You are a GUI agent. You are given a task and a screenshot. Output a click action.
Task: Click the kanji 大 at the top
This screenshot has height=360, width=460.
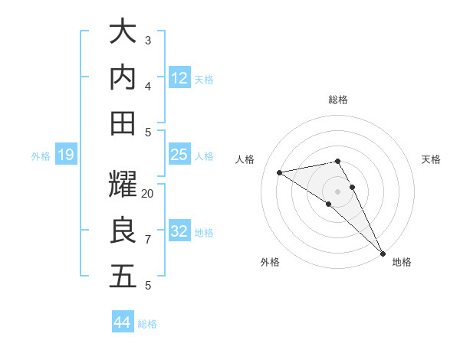pyautogui.click(x=123, y=32)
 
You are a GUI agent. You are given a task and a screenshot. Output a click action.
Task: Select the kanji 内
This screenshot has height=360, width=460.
pyautogui.click(x=123, y=77)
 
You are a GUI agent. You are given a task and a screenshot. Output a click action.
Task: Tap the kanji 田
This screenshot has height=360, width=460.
pyautogui.click(x=123, y=123)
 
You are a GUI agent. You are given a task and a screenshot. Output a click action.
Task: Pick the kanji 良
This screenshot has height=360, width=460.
pyautogui.click(x=123, y=231)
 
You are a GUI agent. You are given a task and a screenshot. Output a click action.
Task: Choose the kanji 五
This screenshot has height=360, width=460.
pyautogui.click(x=123, y=276)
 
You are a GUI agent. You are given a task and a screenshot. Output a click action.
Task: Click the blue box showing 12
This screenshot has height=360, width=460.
pyautogui.click(x=179, y=77)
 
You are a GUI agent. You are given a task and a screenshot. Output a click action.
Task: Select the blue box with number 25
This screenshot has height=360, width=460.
pyautogui.click(x=179, y=155)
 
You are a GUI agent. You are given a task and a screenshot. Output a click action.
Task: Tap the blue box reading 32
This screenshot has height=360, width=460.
pyautogui.click(x=179, y=231)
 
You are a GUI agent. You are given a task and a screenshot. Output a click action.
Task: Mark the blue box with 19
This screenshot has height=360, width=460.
pyautogui.click(x=66, y=155)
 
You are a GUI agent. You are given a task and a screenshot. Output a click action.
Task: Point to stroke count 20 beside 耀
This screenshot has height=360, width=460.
pyautogui.click(x=148, y=194)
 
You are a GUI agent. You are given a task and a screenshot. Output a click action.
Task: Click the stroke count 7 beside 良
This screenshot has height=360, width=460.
pyautogui.click(x=148, y=240)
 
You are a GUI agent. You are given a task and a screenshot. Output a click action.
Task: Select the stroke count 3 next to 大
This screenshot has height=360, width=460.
pyautogui.click(x=148, y=41)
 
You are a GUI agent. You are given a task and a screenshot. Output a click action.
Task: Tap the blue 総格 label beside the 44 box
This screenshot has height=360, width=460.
pyautogui.click(x=147, y=324)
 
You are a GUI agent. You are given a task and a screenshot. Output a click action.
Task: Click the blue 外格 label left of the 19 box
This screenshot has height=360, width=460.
pyautogui.click(x=41, y=156)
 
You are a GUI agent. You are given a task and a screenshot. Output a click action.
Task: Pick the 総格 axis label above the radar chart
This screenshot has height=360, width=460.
pyautogui.click(x=338, y=100)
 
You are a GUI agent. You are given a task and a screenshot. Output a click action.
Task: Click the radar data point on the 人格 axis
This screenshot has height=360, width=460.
pyautogui.click(x=280, y=172)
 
